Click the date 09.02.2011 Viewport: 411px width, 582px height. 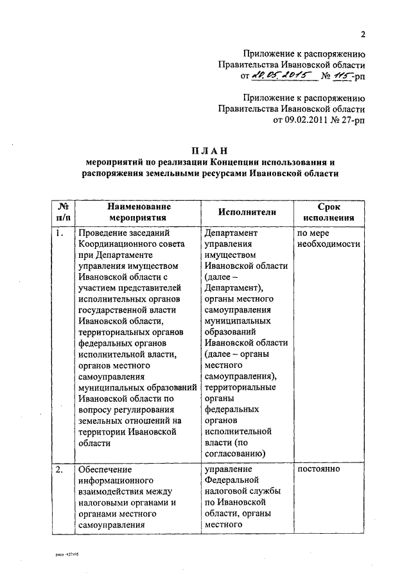click(310, 120)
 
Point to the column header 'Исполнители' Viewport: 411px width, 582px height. click(247, 213)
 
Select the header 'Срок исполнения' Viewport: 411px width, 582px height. click(328, 213)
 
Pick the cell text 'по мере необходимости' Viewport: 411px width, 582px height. click(328, 239)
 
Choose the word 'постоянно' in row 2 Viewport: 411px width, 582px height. click(319, 469)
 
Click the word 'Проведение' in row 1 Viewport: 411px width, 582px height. click(105, 233)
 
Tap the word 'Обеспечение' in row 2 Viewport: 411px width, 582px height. click(105, 469)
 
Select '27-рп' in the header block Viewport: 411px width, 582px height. click(351, 120)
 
